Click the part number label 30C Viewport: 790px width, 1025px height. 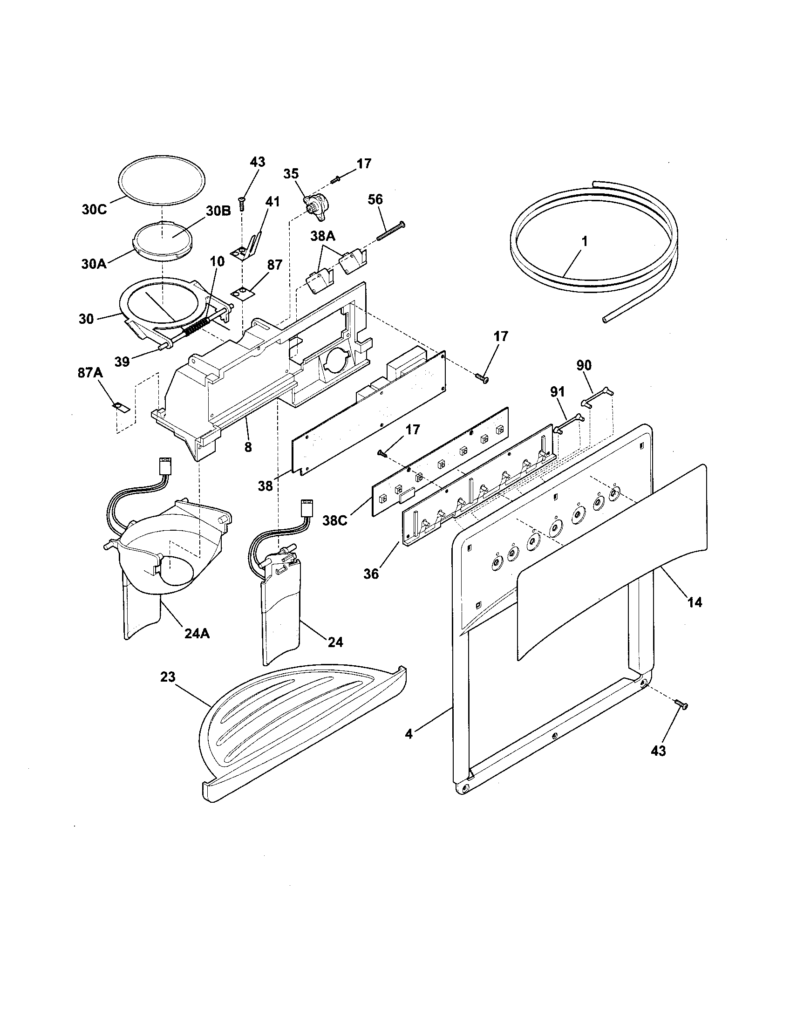pyautogui.click(x=94, y=210)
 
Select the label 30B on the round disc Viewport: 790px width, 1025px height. pyautogui.click(x=217, y=211)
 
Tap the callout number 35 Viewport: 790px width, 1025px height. pyautogui.click(x=291, y=174)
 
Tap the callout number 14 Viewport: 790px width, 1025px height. pyautogui.click(x=695, y=602)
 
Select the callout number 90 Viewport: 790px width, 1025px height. pyautogui.click(x=584, y=365)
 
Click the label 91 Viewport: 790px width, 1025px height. pyautogui.click(x=557, y=392)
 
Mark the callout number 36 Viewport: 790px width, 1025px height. pyautogui.click(x=371, y=574)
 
